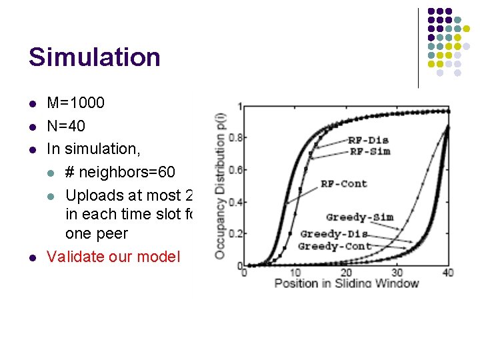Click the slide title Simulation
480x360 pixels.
pyautogui.click(x=94, y=57)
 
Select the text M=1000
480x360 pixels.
pyautogui.click(x=75, y=103)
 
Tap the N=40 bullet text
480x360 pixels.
pyautogui.click(x=66, y=126)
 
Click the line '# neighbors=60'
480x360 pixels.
pyautogui.click(x=120, y=173)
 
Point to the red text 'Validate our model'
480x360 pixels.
pyautogui.click(x=113, y=257)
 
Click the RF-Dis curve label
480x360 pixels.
pyautogui.click(x=369, y=140)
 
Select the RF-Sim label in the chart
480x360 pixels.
pyautogui.click(x=369, y=151)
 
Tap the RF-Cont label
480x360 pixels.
pyautogui.click(x=343, y=183)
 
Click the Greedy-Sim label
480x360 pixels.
pyautogui.click(x=359, y=217)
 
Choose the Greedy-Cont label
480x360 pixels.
pyautogui.click(x=334, y=246)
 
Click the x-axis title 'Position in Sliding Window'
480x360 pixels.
pyautogui.click(x=347, y=283)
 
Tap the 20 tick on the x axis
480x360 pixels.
pyautogui.click(x=346, y=272)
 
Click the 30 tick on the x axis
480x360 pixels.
pyautogui.click(x=397, y=272)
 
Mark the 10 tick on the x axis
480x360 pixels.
pyautogui.click(x=295, y=272)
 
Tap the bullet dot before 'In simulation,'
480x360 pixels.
pyautogui.click(x=32, y=149)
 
